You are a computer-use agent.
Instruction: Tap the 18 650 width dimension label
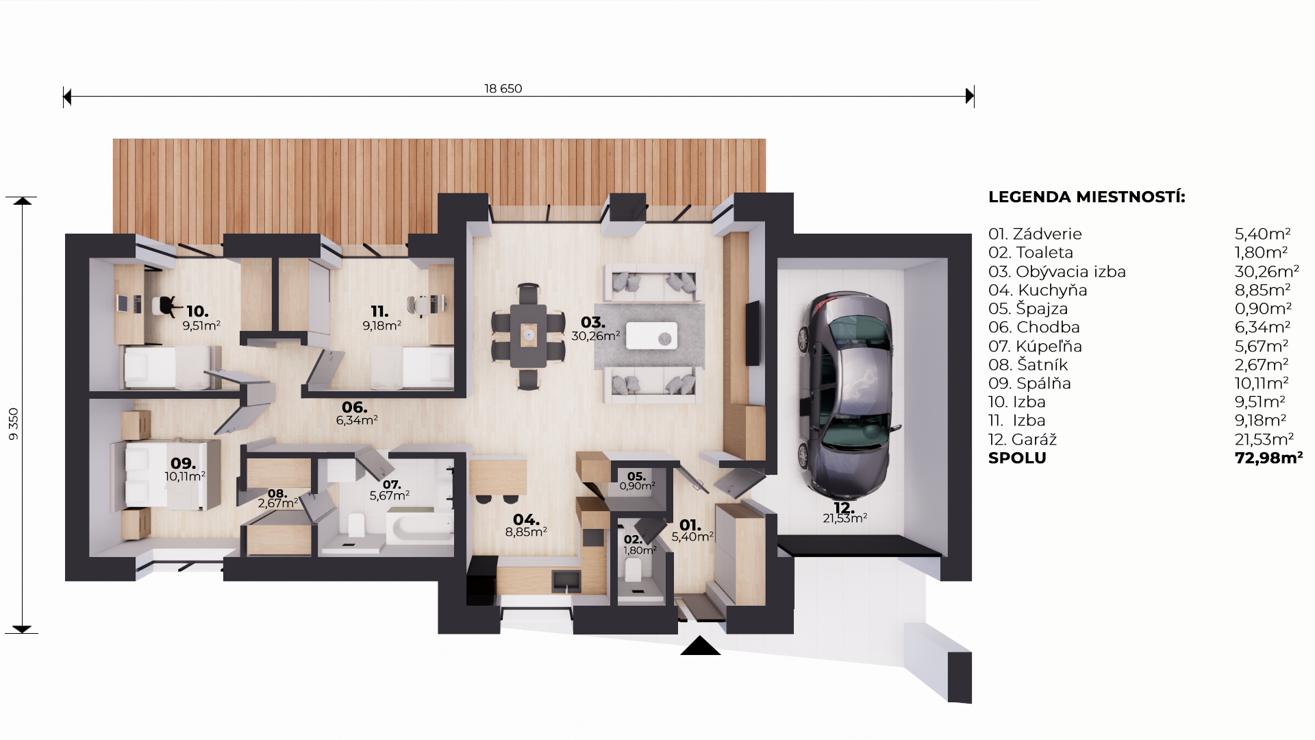[x=503, y=88]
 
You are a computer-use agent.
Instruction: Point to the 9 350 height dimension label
[x=14, y=423]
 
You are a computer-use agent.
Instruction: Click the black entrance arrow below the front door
[x=700, y=645]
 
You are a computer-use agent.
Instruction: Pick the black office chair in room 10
[x=168, y=305]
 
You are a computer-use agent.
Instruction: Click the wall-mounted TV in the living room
[x=753, y=332]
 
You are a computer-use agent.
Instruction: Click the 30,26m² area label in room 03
[x=596, y=336]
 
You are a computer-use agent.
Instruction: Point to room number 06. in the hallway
[x=355, y=407]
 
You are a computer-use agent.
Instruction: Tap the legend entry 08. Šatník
[x=1028, y=365]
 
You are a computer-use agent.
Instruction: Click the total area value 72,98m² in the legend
[x=1268, y=458]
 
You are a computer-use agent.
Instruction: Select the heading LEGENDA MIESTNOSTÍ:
[x=1087, y=197]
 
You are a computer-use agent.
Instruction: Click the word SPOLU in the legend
[x=1017, y=458]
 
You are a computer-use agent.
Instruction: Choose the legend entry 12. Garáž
[x=1023, y=439]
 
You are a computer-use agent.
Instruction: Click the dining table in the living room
[x=528, y=336]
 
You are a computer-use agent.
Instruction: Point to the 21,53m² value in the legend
[x=1264, y=439]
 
